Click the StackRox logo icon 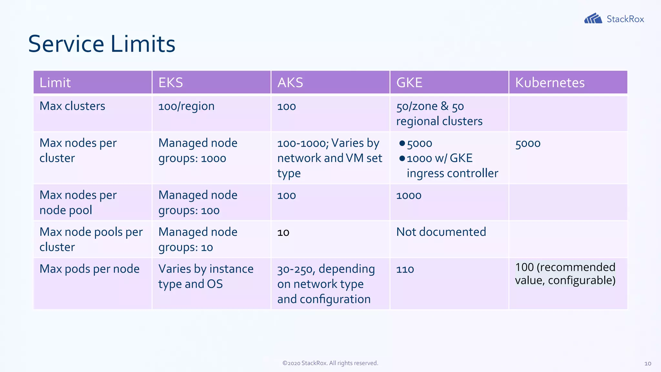tap(593, 18)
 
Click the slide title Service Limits tap(102, 44)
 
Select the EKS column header tap(171, 83)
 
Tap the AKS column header tap(290, 83)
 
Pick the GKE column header tap(409, 83)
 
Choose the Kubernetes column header tap(550, 83)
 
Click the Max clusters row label tap(72, 106)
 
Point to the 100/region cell tap(186, 106)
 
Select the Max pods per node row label tap(89, 269)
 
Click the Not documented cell tap(441, 232)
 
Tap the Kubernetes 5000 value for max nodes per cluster tap(528, 143)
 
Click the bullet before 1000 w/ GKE tap(402, 158)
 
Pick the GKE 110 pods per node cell tap(405, 269)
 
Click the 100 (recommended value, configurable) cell tap(565, 274)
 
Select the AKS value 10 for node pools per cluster tap(283, 232)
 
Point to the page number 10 tap(647, 364)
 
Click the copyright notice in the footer tap(330, 363)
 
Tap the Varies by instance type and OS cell tap(206, 276)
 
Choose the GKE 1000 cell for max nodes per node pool tap(409, 195)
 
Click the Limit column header tap(55, 83)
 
